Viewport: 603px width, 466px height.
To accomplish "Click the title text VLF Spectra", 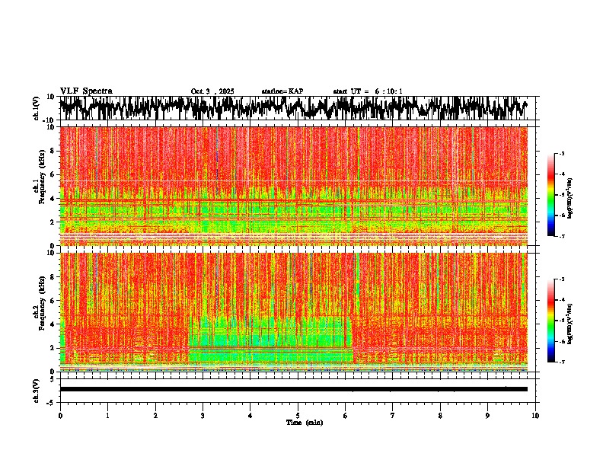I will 86,91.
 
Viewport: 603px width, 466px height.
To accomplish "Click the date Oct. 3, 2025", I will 212,91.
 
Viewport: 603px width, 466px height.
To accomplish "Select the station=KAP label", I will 282,91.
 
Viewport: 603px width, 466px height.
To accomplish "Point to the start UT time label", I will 368,91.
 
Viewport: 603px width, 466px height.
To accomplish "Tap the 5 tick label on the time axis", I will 298,415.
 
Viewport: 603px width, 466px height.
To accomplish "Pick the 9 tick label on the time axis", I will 488,415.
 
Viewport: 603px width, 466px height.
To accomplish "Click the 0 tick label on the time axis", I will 60,415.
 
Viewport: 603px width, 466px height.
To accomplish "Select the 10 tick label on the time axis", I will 535,415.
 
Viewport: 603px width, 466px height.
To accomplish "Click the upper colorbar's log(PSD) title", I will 570,196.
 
